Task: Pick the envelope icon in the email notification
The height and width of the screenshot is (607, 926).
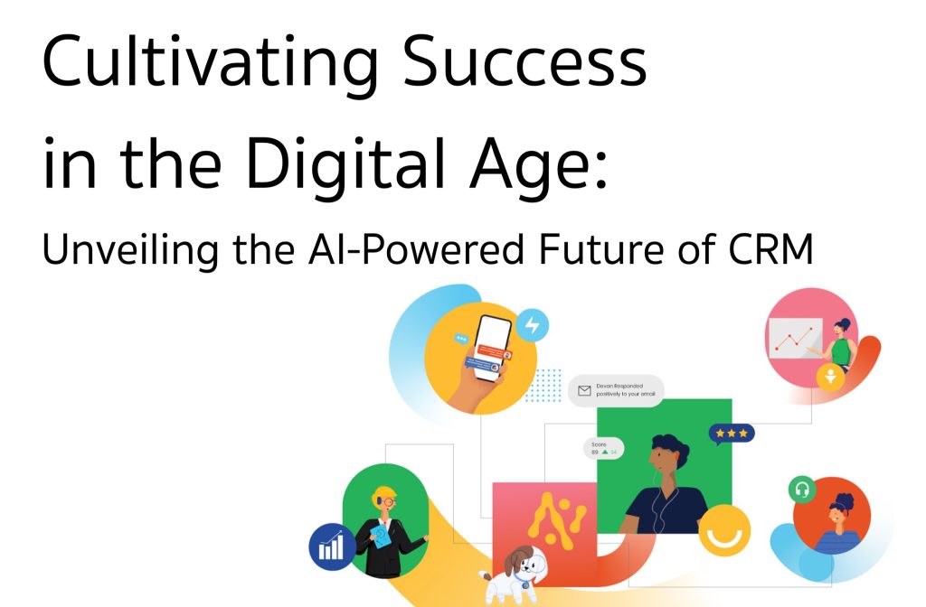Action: (x=585, y=391)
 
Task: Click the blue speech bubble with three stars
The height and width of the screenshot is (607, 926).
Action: (x=731, y=434)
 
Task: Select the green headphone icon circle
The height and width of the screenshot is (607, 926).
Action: (x=801, y=490)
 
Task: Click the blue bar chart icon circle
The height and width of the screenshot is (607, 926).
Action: (x=332, y=547)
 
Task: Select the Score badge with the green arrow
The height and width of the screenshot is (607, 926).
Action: (x=603, y=448)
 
